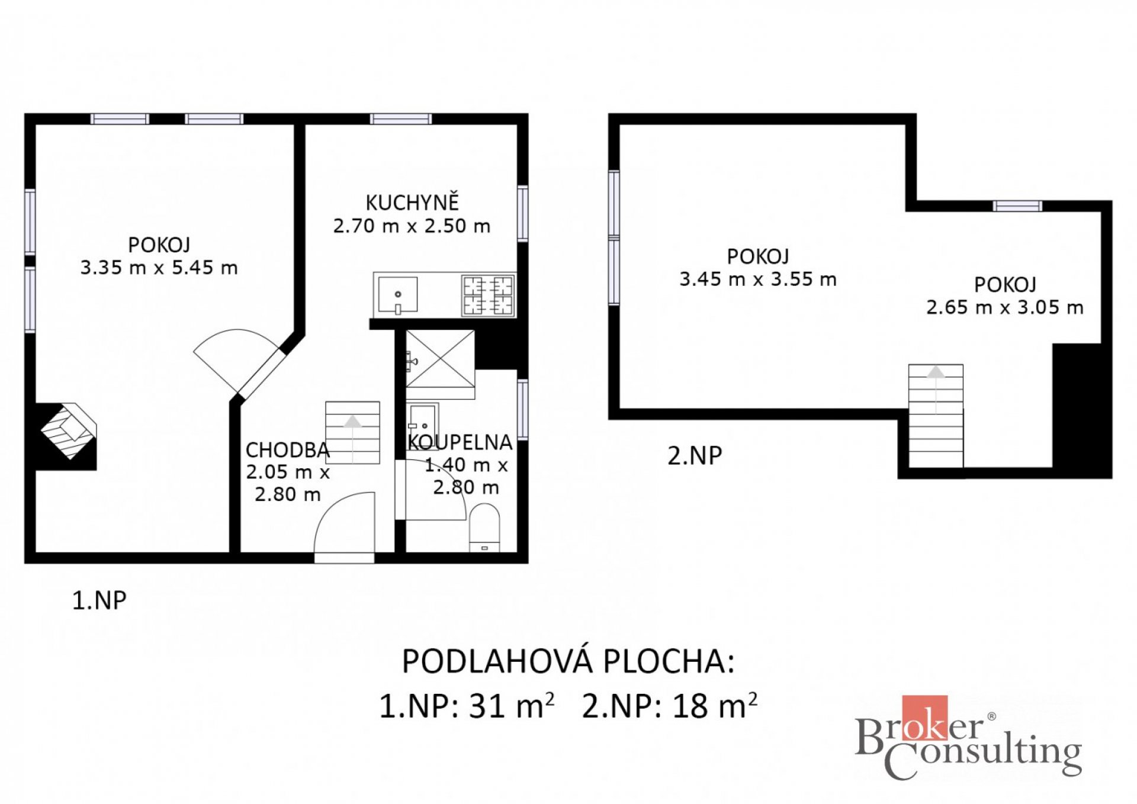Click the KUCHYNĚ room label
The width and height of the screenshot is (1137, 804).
(412, 202)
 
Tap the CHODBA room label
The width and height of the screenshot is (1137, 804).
(288, 451)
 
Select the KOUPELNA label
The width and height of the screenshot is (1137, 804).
(460, 442)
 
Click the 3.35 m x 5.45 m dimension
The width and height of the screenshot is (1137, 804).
(159, 268)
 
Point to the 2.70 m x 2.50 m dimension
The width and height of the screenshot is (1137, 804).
(412, 226)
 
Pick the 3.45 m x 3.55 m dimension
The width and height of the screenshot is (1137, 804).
(758, 279)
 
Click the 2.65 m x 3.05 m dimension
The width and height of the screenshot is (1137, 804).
(1005, 307)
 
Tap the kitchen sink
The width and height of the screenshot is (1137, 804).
(397, 295)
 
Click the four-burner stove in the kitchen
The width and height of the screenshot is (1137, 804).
(488, 295)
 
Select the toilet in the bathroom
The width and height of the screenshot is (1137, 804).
(484, 527)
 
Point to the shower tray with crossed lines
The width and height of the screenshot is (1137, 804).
(440, 358)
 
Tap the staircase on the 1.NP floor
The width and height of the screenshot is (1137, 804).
(352, 433)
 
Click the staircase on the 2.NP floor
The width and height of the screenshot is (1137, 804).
(936, 416)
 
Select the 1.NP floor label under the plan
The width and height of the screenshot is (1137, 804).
(99, 600)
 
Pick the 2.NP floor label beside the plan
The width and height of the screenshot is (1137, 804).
(695, 455)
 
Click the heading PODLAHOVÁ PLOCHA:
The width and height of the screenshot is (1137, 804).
(568, 661)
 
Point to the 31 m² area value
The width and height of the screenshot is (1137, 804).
(512, 705)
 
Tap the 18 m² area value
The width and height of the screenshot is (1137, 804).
(715, 705)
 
